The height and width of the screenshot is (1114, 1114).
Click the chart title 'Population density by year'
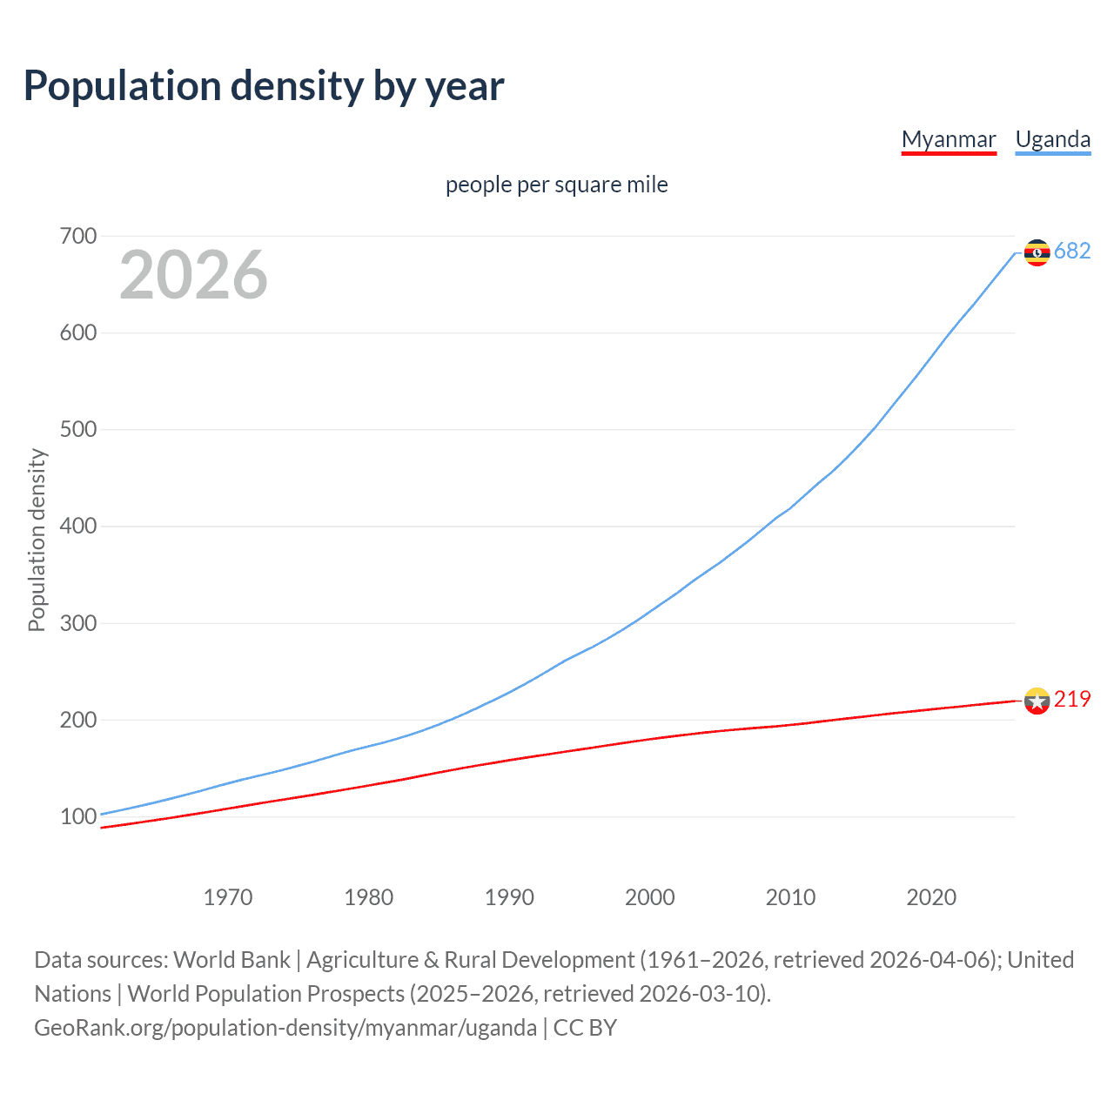[x=264, y=86]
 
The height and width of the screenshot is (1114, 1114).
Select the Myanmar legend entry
[x=949, y=139]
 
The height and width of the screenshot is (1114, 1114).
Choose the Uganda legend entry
[x=1053, y=139]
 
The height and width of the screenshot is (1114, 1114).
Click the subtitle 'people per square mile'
[x=557, y=185]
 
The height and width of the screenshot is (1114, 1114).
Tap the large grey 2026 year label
[x=193, y=275]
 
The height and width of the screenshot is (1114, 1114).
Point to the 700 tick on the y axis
[x=78, y=236]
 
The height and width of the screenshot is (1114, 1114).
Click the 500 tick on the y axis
[x=78, y=430]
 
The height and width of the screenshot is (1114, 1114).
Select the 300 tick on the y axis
[x=78, y=623]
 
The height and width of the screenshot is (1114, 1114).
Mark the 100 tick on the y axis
[x=78, y=816]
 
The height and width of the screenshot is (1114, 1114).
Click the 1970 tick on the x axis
[x=228, y=897]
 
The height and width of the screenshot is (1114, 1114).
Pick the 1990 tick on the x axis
[x=509, y=897]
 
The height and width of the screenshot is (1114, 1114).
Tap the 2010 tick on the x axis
[x=790, y=897]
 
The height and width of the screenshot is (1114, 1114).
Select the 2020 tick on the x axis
[x=931, y=897]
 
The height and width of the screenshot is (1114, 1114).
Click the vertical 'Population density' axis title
[x=37, y=540]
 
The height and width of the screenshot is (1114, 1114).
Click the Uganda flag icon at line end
[x=1037, y=252]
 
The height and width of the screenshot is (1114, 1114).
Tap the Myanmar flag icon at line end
[x=1037, y=701]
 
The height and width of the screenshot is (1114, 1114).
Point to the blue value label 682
[x=1072, y=252]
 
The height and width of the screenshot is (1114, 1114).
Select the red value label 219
[x=1072, y=700]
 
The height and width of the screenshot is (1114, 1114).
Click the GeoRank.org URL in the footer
[x=285, y=1028]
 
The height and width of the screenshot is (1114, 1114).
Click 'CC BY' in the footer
[x=585, y=1028]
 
